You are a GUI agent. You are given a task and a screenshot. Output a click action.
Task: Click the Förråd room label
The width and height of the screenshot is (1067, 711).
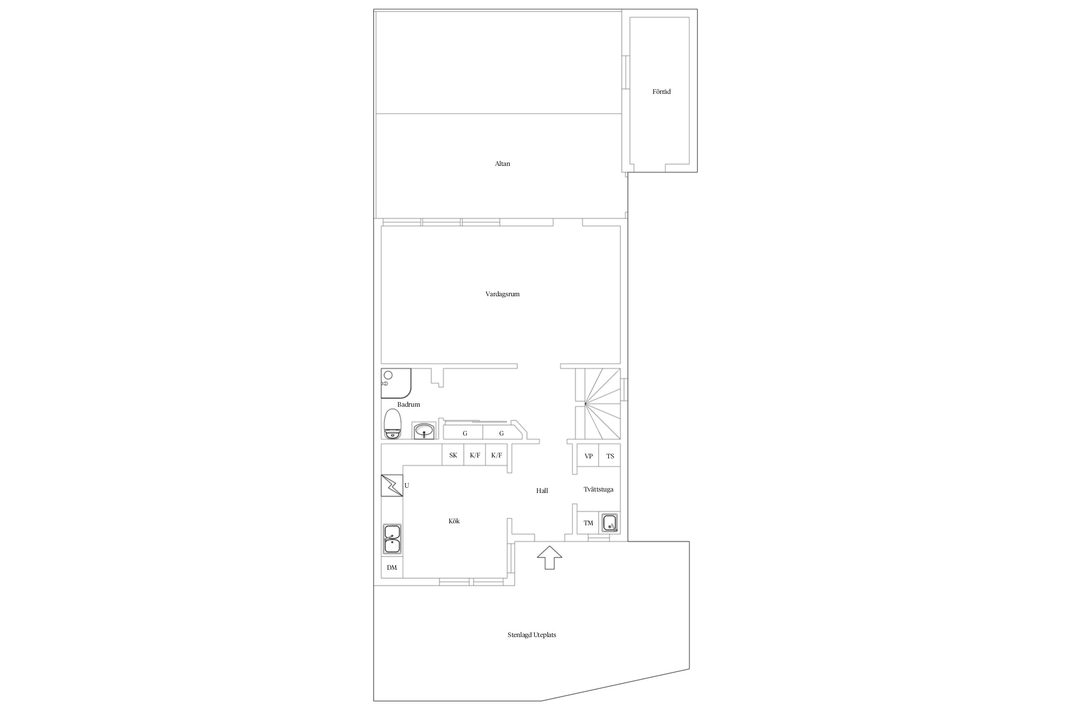click(661, 92)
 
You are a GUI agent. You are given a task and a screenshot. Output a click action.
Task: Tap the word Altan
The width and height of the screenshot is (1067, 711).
click(502, 164)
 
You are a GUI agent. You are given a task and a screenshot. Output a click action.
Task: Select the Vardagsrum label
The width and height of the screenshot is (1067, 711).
click(502, 294)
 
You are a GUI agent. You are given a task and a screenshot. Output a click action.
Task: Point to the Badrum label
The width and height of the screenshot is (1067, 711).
click(408, 405)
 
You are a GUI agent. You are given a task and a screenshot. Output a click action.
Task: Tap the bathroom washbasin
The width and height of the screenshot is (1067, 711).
click(423, 431)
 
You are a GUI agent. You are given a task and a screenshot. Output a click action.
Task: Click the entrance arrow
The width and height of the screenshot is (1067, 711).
click(549, 557)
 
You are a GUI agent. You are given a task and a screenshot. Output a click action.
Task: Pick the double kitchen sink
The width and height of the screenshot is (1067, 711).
click(392, 539)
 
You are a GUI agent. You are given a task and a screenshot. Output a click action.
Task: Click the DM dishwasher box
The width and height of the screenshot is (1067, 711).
click(392, 567)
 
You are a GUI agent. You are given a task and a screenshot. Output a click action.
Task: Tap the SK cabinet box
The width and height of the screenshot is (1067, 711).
click(453, 455)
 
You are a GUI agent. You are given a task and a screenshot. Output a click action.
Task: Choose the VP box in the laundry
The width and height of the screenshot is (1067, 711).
click(588, 456)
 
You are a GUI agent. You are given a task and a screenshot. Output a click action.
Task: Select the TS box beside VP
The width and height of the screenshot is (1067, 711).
click(610, 456)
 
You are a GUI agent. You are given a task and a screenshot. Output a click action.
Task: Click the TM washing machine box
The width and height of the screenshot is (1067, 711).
click(588, 523)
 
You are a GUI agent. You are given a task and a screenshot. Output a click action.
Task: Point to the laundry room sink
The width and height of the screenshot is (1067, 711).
click(610, 524)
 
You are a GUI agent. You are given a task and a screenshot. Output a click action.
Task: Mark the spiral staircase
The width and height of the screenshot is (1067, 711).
click(598, 404)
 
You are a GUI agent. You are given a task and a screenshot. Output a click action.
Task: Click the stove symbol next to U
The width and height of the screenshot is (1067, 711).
click(392, 485)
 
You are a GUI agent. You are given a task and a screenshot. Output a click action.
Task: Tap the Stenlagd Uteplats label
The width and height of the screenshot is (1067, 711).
click(532, 635)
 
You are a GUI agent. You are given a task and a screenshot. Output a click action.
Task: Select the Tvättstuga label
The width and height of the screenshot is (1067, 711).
click(598, 490)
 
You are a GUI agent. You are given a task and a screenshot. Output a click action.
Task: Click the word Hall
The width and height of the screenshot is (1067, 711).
click(542, 491)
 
